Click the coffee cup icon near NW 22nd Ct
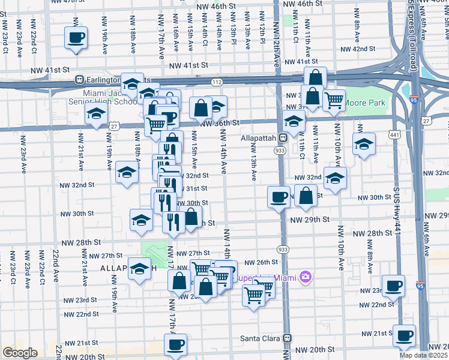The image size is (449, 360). pyautogui.click(x=76, y=37)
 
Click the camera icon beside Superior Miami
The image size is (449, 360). pyautogui.click(x=306, y=277)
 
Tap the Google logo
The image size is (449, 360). pyautogui.click(x=20, y=353)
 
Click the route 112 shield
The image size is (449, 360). pyautogui.click(x=217, y=81)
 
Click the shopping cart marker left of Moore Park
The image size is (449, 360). pyautogui.click(x=334, y=100)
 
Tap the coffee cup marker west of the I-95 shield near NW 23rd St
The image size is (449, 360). pyautogui.click(x=393, y=286)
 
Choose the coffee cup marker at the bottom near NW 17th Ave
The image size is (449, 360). pyautogui.click(x=175, y=344)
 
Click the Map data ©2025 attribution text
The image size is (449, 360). pyautogui.click(x=425, y=355)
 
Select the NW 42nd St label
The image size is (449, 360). pyautogui.click(x=358, y=49)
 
